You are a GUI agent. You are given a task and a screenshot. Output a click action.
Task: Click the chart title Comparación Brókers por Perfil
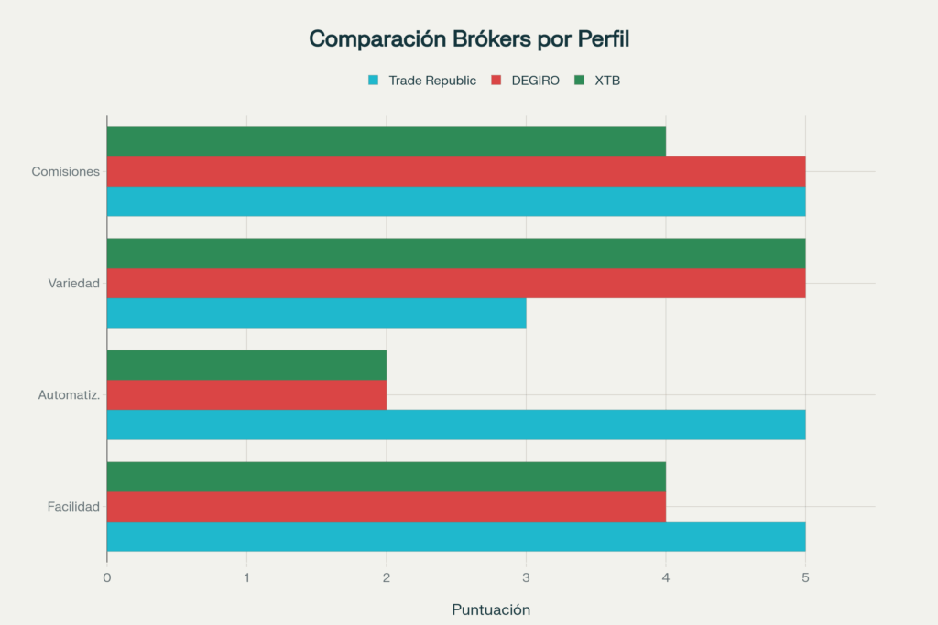click(469, 39)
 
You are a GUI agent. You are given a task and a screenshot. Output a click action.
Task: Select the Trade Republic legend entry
click(422, 81)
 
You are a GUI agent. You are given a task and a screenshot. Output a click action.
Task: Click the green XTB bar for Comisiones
click(386, 142)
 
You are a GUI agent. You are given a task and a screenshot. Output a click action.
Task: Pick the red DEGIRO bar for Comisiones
click(456, 171)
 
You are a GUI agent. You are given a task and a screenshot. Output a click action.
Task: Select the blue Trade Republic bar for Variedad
click(316, 313)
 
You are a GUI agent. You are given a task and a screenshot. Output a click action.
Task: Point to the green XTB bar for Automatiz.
click(246, 365)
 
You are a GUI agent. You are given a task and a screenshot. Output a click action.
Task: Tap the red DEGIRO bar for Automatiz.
click(246, 394)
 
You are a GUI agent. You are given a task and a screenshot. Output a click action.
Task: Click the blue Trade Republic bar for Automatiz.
click(456, 425)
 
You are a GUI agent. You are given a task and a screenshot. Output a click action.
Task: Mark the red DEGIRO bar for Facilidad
click(386, 506)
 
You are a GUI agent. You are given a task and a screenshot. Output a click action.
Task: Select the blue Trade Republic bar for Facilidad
click(456, 536)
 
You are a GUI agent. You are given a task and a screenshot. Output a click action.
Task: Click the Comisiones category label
click(65, 172)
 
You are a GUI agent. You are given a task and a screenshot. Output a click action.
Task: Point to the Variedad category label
click(73, 284)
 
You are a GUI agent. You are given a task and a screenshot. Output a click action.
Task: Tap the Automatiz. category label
click(69, 395)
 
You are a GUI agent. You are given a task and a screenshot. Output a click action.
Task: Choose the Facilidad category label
click(73, 507)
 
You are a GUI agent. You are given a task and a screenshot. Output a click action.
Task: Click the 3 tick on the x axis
click(526, 577)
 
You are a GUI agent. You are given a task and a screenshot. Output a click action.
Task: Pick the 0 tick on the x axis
click(107, 577)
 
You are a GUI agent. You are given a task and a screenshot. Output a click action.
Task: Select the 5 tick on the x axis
click(805, 577)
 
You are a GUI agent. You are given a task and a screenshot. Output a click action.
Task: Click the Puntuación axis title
click(491, 609)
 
